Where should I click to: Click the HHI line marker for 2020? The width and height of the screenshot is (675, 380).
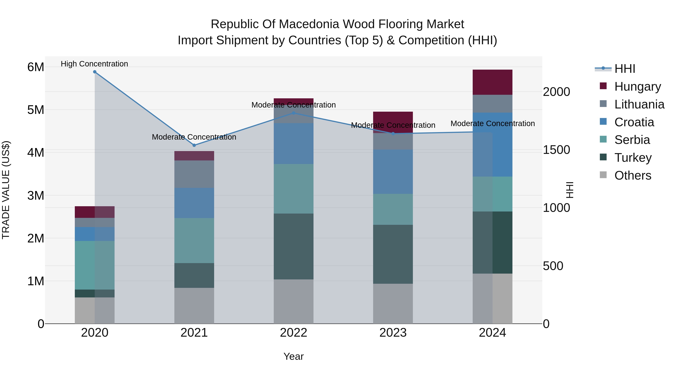tap(95, 72)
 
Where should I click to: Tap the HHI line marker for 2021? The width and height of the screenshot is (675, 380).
tap(194, 145)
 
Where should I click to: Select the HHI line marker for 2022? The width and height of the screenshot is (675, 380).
tap(293, 113)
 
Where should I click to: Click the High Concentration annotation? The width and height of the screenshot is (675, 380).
tap(94, 64)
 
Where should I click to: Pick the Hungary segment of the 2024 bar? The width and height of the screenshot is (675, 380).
tap(492, 82)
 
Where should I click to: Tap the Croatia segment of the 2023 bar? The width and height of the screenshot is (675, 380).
tap(393, 172)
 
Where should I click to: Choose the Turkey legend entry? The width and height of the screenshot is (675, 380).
tap(633, 158)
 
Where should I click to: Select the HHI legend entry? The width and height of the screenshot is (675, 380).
tap(624, 69)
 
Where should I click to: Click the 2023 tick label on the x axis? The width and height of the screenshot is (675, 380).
tap(393, 333)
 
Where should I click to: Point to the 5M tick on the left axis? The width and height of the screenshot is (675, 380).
tap(36, 110)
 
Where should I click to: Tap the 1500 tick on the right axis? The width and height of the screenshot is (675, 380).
tap(556, 150)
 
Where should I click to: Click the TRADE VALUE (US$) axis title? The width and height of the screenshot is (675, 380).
tap(6, 190)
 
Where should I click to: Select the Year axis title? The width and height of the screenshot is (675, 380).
tap(293, 356)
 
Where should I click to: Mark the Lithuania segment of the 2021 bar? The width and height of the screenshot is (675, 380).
tap(194, 174)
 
